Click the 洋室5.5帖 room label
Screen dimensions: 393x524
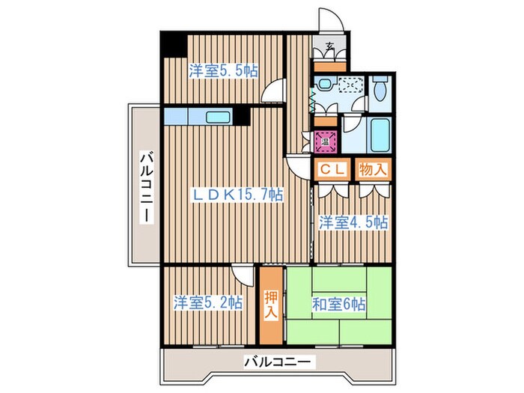pos(223,71)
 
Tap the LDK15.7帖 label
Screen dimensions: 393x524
pos(239,195)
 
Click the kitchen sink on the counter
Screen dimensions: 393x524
pos(219,117)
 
